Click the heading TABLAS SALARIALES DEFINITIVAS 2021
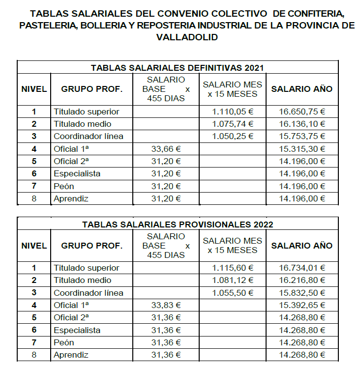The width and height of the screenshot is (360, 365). tap(178, 68)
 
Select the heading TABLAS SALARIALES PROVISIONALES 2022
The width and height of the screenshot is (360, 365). tap(178, 225)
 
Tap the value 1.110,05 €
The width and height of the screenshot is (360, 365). tap(233, 112)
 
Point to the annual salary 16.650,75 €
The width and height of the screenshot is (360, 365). tap(302, 112)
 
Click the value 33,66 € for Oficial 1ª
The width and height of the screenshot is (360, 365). tap(166, 149)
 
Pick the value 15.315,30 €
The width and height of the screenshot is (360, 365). tap(302, 149)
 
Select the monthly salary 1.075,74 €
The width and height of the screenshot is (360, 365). tap(233, 124)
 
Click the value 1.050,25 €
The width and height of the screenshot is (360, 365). tap(233, 136)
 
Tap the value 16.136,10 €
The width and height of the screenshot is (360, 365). tap(302, 124)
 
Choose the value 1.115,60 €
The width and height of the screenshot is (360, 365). tap(233, 268)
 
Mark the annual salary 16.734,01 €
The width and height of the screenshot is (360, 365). tap(302, 268)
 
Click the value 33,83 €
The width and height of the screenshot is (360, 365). tap(166, 305)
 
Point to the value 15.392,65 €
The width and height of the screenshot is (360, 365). tap(302, 305)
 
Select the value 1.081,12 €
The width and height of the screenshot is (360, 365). tap(233, 280)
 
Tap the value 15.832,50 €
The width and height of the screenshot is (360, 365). tap(302, 293)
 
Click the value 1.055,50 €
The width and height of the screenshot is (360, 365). tap(233, 293)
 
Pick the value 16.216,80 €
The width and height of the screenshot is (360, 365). tap(302, 280)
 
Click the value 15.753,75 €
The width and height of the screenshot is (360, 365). tap(302, 136)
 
